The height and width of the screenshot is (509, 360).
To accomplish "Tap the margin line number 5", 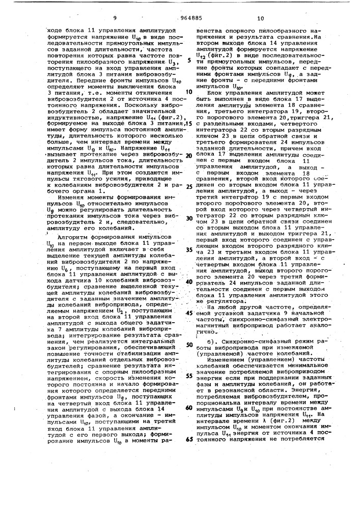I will [x=189, y=60].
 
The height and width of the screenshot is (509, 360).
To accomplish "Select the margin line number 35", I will [x=189, y=250].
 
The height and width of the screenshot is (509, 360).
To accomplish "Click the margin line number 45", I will [x=189, y=313].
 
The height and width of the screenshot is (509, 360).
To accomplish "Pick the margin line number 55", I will [x=189, y=376].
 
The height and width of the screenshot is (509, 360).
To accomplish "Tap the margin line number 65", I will [x=189, y=439].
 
